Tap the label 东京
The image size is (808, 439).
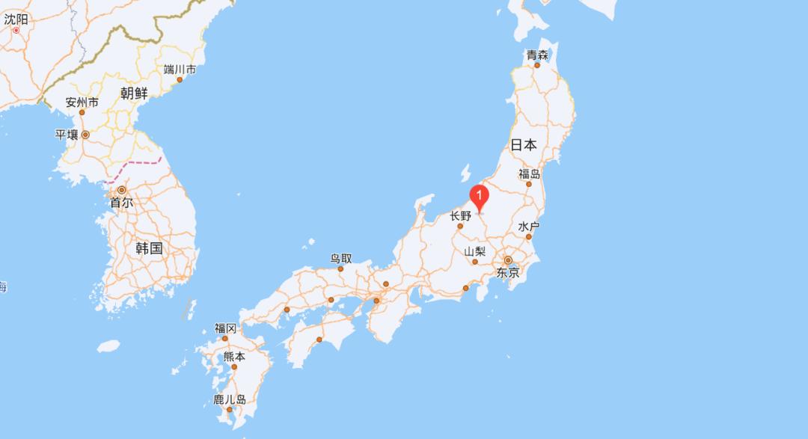[507, 273]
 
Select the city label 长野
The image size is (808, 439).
[461, 216]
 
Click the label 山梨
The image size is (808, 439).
[475, 252]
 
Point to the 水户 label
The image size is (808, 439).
[528, 227]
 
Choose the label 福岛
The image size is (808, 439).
[529, 174]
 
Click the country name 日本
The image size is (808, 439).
[524, 145]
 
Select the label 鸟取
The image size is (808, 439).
[341, 258]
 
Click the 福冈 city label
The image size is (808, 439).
[225, 328]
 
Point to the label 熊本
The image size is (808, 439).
[234, 357]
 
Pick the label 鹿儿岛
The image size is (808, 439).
[230, 399]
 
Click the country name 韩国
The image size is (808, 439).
[149, 248]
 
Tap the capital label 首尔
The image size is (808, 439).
[121, 202]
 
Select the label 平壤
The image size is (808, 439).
[67, 135]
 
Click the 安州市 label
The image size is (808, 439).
[82, 102]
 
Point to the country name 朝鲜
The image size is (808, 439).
[134, 93]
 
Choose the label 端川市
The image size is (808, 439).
[180, 70]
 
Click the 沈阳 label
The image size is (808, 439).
[16, 19]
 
